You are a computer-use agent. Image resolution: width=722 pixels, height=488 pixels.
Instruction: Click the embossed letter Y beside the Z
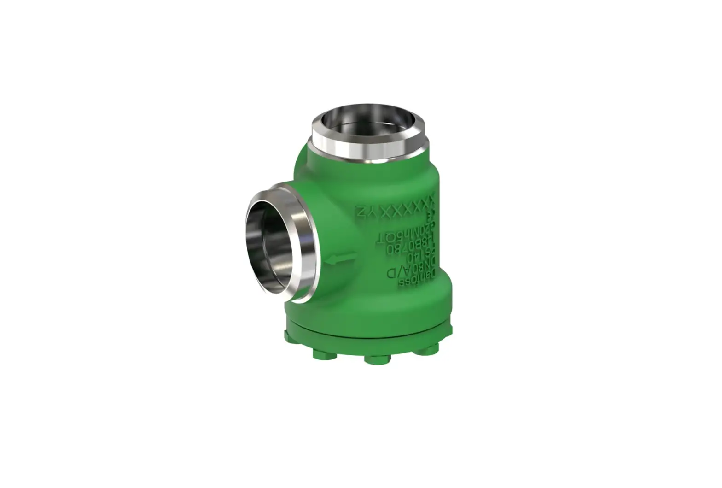point(373,212)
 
